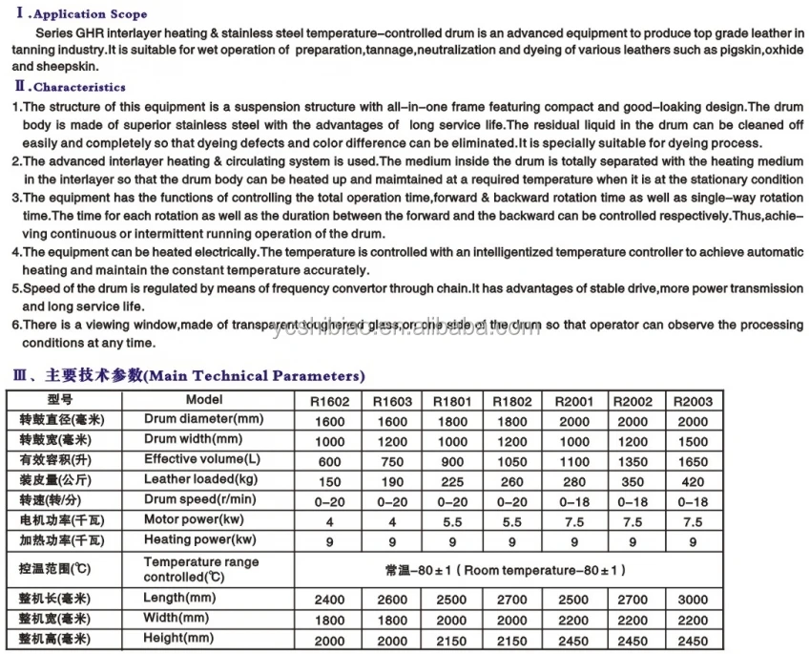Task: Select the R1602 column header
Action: (330, 401)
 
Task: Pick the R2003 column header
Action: (693, 401)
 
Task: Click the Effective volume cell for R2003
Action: (693, 461)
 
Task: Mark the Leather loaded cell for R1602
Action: (330, 481)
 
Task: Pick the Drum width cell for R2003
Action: (693, 441)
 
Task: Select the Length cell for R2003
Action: (693, 600)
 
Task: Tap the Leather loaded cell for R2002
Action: (633, 481)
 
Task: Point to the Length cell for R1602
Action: (330, 600)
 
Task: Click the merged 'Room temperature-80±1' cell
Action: (506, 570)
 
